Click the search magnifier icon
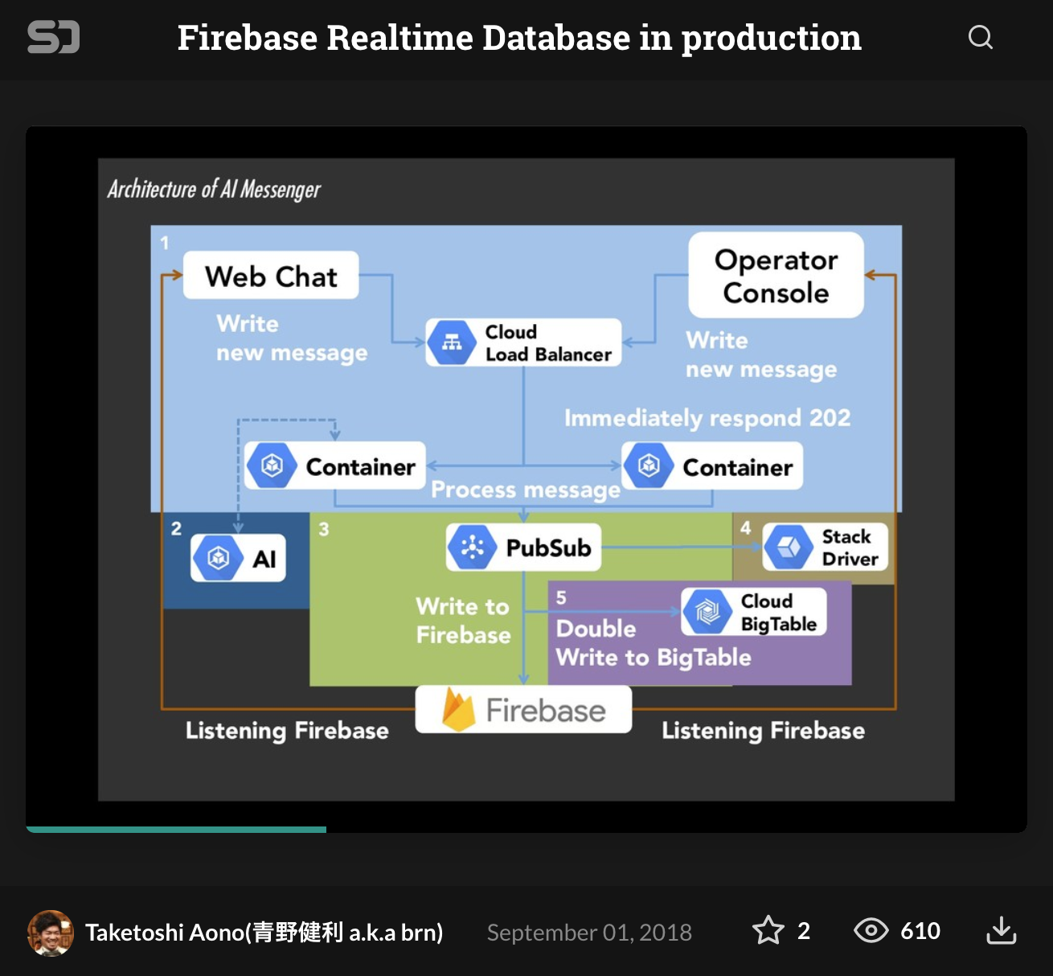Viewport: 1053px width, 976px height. [x=980, y=37]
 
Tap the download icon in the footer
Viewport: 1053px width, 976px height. [x=1001, y=930]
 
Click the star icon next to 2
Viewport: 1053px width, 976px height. [x=768, y=930]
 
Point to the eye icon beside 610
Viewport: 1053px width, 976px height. [x=871, y=930]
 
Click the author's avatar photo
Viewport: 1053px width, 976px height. [x=51, y=933]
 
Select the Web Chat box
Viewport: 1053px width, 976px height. [x=271, y=276]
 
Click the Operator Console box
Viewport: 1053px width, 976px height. [x=776, y=276]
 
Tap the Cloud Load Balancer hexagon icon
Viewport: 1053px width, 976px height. [x=452, y=343]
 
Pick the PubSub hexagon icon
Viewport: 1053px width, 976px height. [x=473, y=547]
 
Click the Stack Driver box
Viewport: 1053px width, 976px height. [x=825, y=547]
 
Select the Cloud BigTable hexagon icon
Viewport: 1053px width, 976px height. [x=707, y=613]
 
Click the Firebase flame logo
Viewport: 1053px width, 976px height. [x=458, y=710]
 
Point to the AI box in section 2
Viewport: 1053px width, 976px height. [x=238, y=558]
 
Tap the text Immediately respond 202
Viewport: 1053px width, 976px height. [x=707, y=418]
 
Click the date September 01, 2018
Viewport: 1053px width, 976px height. [x=589, y=932]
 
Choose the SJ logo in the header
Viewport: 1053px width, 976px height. [x=53, y=37]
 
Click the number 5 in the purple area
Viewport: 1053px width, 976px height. [x=561, y=597]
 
